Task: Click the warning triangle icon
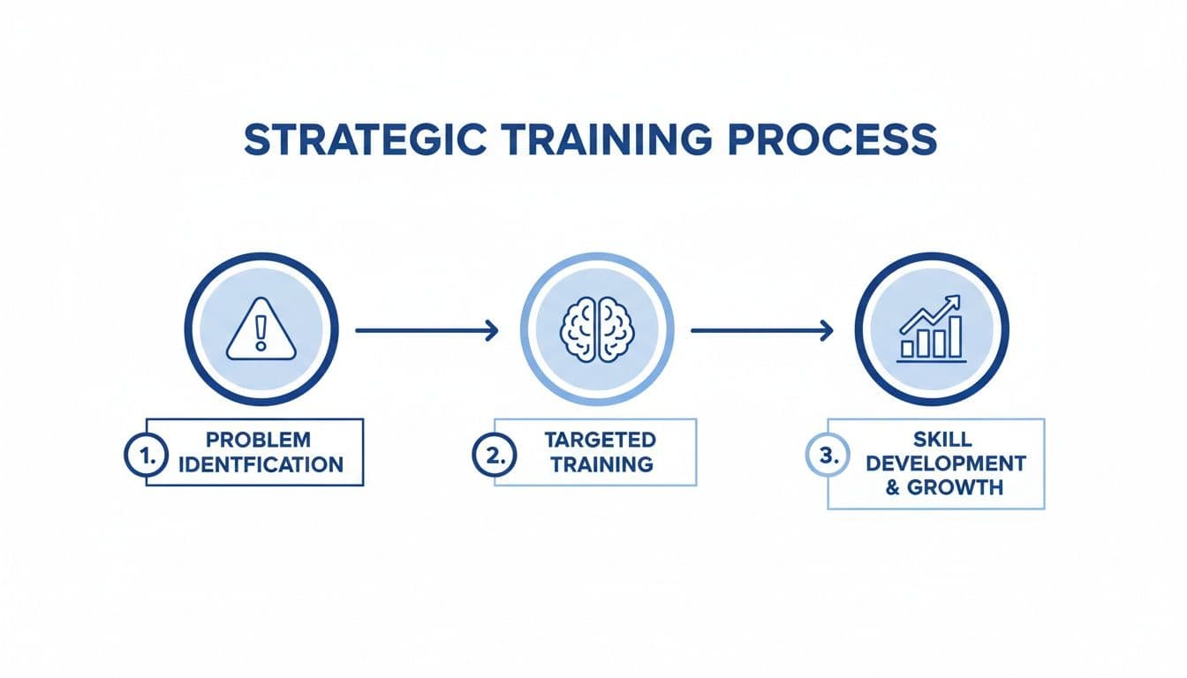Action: click(261, 330)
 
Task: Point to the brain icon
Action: click(597, 330)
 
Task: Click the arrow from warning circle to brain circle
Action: click(427, 331)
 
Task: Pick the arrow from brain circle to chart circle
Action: click(762, 331)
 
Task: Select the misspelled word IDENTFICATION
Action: click(261, 464)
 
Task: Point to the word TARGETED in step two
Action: click(600, 440)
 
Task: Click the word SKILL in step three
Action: click(944, 439)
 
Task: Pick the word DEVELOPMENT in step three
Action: click(945, 463)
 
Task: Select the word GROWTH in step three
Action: click(956, 487)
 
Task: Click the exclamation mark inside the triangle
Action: click(261, 333)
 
